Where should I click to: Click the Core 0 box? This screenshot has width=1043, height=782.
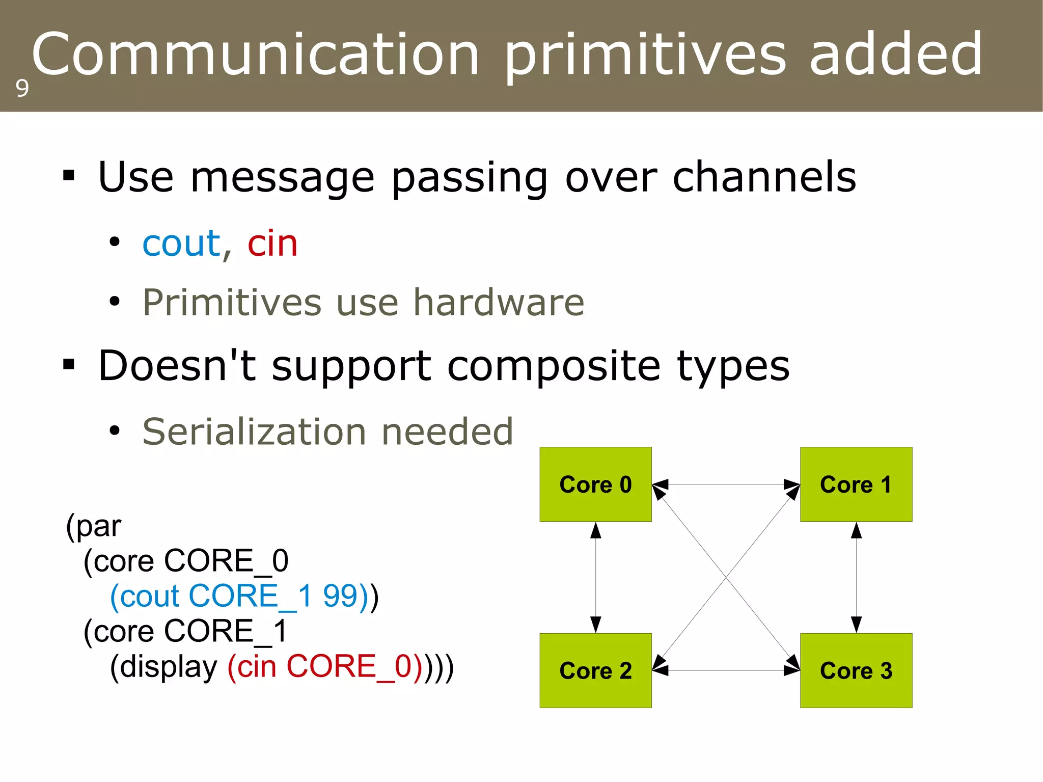click(595, 484)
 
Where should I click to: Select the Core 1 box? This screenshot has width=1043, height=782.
click(856, 484)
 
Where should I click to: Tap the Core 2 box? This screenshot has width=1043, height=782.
click(595, 670)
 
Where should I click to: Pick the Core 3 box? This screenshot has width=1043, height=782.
click(856, 670)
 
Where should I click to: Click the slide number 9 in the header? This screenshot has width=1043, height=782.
click(22, 89)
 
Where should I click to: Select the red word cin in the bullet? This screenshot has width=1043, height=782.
click(272, 244)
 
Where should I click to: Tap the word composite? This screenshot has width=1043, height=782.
click(554, 366)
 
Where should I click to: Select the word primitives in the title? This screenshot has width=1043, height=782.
click(646, 55)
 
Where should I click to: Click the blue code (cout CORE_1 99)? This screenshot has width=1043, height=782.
click(239, 596)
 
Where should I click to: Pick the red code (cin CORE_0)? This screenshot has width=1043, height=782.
click(324, 666)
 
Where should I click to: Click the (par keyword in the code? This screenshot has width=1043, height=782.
click(94, 526)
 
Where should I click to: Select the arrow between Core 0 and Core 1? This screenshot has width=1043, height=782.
click(726, 484)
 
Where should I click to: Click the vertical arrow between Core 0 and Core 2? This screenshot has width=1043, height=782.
click(595, 577)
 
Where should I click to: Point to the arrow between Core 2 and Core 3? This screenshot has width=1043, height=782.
click(726, 670)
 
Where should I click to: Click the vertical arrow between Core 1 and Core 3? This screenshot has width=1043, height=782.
click(856, 577)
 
